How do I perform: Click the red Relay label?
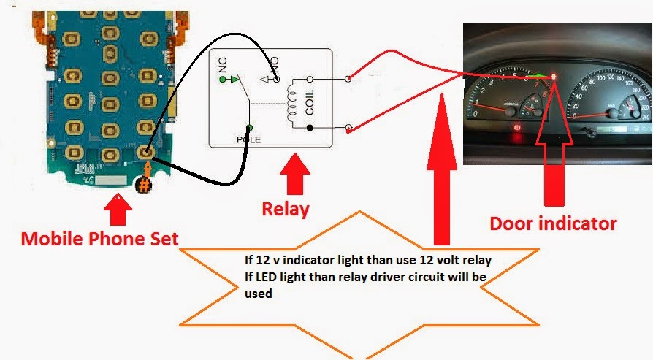(x=286, y=210)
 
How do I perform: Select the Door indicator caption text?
(x=553, y=223)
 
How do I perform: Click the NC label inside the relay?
(x=223, y=67)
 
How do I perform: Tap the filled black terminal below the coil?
(x=310, y=129)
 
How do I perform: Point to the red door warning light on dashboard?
(x=554, y=76)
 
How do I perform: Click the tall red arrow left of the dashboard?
(x=440, y=168)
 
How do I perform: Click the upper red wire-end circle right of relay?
(x=348, y=77)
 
